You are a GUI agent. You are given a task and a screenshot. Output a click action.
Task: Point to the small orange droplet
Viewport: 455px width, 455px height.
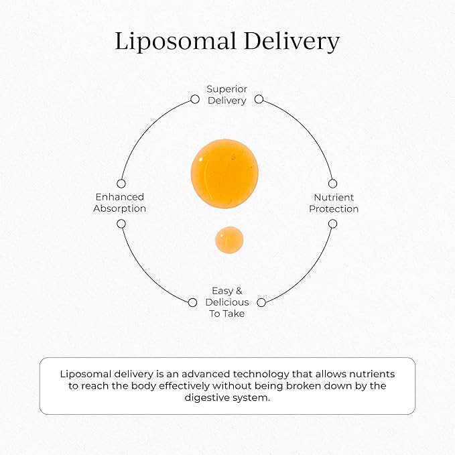[x=229, y=240]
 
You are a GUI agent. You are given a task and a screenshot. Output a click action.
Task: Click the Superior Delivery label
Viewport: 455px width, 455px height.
[x=226, y=94]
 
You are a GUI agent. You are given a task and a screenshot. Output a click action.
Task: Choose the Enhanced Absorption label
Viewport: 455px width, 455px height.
[x=120, y=202]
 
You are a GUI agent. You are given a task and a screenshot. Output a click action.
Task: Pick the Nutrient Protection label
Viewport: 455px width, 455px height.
[x=334, y=202]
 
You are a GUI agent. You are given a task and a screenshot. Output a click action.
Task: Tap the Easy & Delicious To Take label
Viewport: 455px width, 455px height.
[x=226, y=302]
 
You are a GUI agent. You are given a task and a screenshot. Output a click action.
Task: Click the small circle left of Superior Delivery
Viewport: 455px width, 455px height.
[x=195, y=99]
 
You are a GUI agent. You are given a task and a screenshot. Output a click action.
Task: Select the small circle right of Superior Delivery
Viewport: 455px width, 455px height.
[x=259, y=99]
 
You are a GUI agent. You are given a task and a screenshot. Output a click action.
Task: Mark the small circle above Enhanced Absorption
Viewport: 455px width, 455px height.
[x=121, y=183]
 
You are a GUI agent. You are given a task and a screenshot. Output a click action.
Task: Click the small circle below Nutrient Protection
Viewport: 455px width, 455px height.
[x=332, y=223]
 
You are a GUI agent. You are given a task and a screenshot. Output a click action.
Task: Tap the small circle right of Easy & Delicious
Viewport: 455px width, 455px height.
[x=261, y=303]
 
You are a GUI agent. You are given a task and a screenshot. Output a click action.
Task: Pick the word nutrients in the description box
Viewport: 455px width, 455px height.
[x=371, y=374]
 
